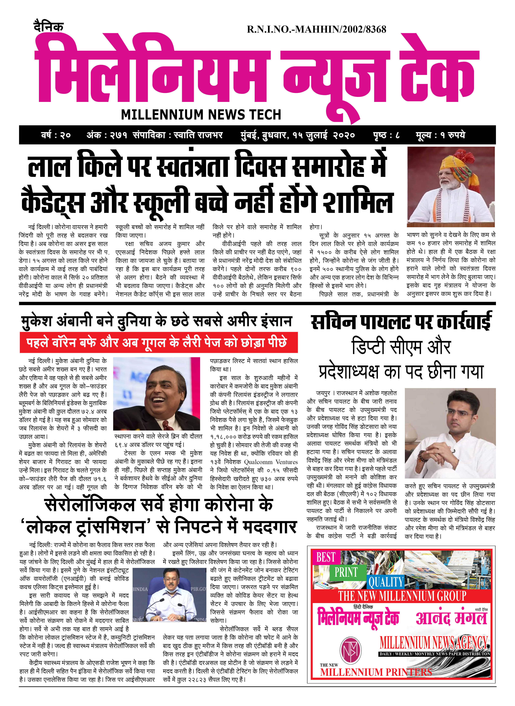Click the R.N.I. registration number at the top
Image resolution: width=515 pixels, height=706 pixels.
(316, 30)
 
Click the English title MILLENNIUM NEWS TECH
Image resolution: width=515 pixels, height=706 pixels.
(201, 115)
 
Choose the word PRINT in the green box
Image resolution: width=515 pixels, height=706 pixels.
(346, 572)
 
